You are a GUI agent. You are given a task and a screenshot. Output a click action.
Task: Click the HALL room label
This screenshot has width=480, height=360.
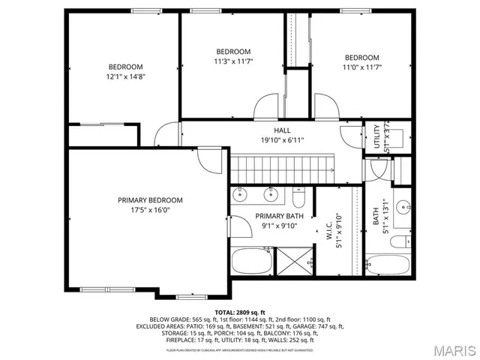[x=282, y=130]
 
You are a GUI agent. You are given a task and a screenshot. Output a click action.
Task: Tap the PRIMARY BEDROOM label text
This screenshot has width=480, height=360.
[x=150, y=200]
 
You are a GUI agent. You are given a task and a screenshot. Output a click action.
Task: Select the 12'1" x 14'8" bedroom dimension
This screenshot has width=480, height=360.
[x=125, y=76]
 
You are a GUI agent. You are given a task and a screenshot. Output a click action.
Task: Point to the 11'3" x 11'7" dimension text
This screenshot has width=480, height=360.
[x=233, y=61]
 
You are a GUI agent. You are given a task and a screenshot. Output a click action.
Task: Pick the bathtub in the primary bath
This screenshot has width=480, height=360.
[x=250, y=262]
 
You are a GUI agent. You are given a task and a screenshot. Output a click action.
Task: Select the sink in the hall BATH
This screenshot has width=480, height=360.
[x=403, y=207]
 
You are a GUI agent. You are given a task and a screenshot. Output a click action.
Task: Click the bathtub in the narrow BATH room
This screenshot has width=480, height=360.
[x=387, y=265]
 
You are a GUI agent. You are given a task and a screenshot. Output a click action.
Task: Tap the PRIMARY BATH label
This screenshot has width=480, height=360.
[x=257, y=217]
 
